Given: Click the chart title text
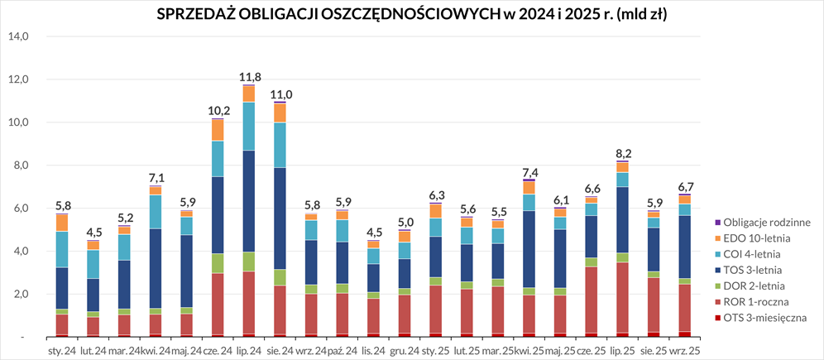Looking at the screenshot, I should (412, 14).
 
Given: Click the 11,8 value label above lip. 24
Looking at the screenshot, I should (250, 77).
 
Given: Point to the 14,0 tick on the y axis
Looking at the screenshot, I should (18, 36).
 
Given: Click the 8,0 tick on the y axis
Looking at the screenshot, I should (21, 166).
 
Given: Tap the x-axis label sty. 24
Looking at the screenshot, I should (62, 351).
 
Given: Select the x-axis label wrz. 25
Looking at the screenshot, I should (684, 351).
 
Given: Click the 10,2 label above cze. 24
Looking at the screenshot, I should (218, 111).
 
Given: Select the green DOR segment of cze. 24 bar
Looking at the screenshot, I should (218, 263).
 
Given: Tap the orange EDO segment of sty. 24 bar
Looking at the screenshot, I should (62, 223).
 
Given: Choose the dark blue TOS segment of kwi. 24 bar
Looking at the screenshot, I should (154, 268).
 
